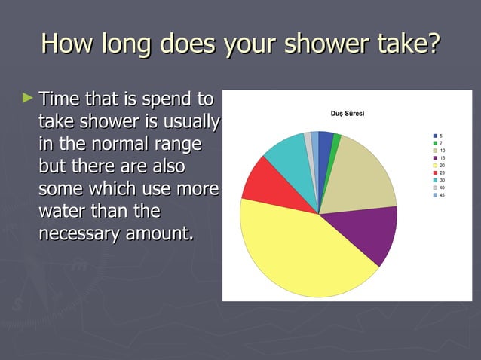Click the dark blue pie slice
pyautogui.click(x=325, y=143)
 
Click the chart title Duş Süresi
pyautogui.click(x=348, y=113)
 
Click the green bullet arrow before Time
pyautogui.click(x=29, y=98)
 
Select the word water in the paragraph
pyautogui.click(x=63, y=211)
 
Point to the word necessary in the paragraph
pyautogui.click(x=76, y=233)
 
